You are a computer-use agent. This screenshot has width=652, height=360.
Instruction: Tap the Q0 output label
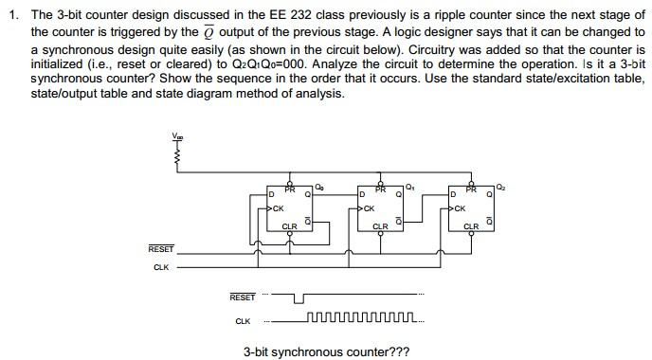coord(319,187)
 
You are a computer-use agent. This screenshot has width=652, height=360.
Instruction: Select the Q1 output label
coord(408,187)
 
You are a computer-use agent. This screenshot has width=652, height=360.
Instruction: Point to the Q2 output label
coord(499,187)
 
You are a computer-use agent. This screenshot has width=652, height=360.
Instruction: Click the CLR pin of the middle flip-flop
coord(380,225)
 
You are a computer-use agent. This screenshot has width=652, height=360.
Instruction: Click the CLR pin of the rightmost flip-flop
coord(470,225)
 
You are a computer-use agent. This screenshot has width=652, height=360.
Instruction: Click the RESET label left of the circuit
coord(161,248)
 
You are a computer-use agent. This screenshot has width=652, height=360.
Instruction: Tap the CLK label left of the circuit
coord(161,267)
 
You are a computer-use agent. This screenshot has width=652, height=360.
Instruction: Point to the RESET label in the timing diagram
coord(243,297)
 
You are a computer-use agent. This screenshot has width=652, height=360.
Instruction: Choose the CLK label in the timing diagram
coord(244,320)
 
